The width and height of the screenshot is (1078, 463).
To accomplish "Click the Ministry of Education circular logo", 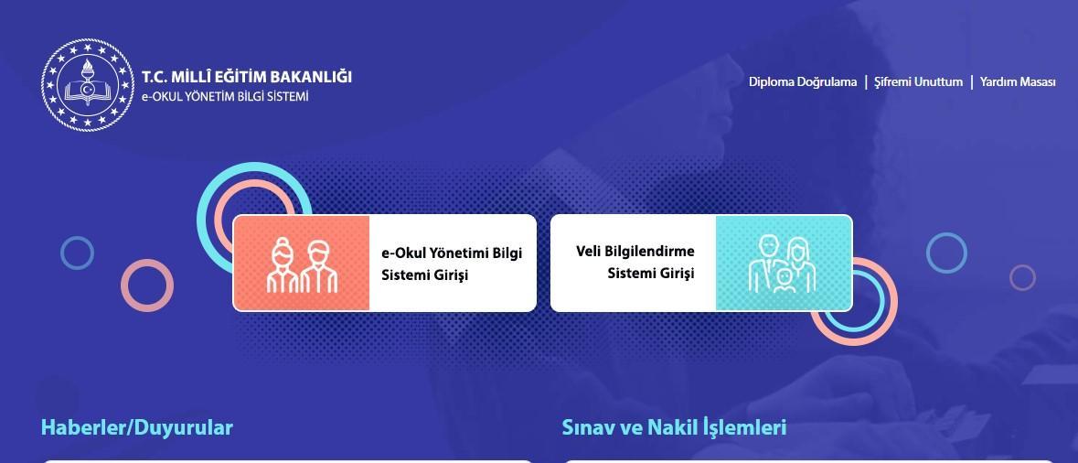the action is point(87,84).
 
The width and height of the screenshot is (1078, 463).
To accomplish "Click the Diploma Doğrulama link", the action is point(802,81).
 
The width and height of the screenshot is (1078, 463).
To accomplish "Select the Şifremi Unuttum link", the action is point(918,81).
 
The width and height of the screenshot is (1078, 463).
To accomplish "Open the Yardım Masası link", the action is point(1018,81).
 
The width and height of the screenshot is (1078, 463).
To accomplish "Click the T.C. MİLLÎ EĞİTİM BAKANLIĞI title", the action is point(247,76).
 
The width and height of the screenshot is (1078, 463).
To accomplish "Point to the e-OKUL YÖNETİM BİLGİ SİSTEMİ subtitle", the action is point(225,96).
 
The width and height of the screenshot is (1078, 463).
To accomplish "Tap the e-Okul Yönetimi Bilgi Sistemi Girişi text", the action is point(452,264).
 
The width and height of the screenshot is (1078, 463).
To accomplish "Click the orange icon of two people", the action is point(302,263).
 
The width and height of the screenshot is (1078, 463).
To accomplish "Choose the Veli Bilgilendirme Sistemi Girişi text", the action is point(635,262).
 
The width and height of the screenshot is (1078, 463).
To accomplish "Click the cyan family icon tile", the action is point(784,263).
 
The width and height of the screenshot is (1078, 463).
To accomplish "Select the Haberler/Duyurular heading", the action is point(137,427).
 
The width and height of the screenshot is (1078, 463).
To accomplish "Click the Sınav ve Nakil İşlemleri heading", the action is point(674,427).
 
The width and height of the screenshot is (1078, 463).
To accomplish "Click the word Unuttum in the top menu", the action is point(938,81).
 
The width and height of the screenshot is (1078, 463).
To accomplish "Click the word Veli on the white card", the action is point(589,251).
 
